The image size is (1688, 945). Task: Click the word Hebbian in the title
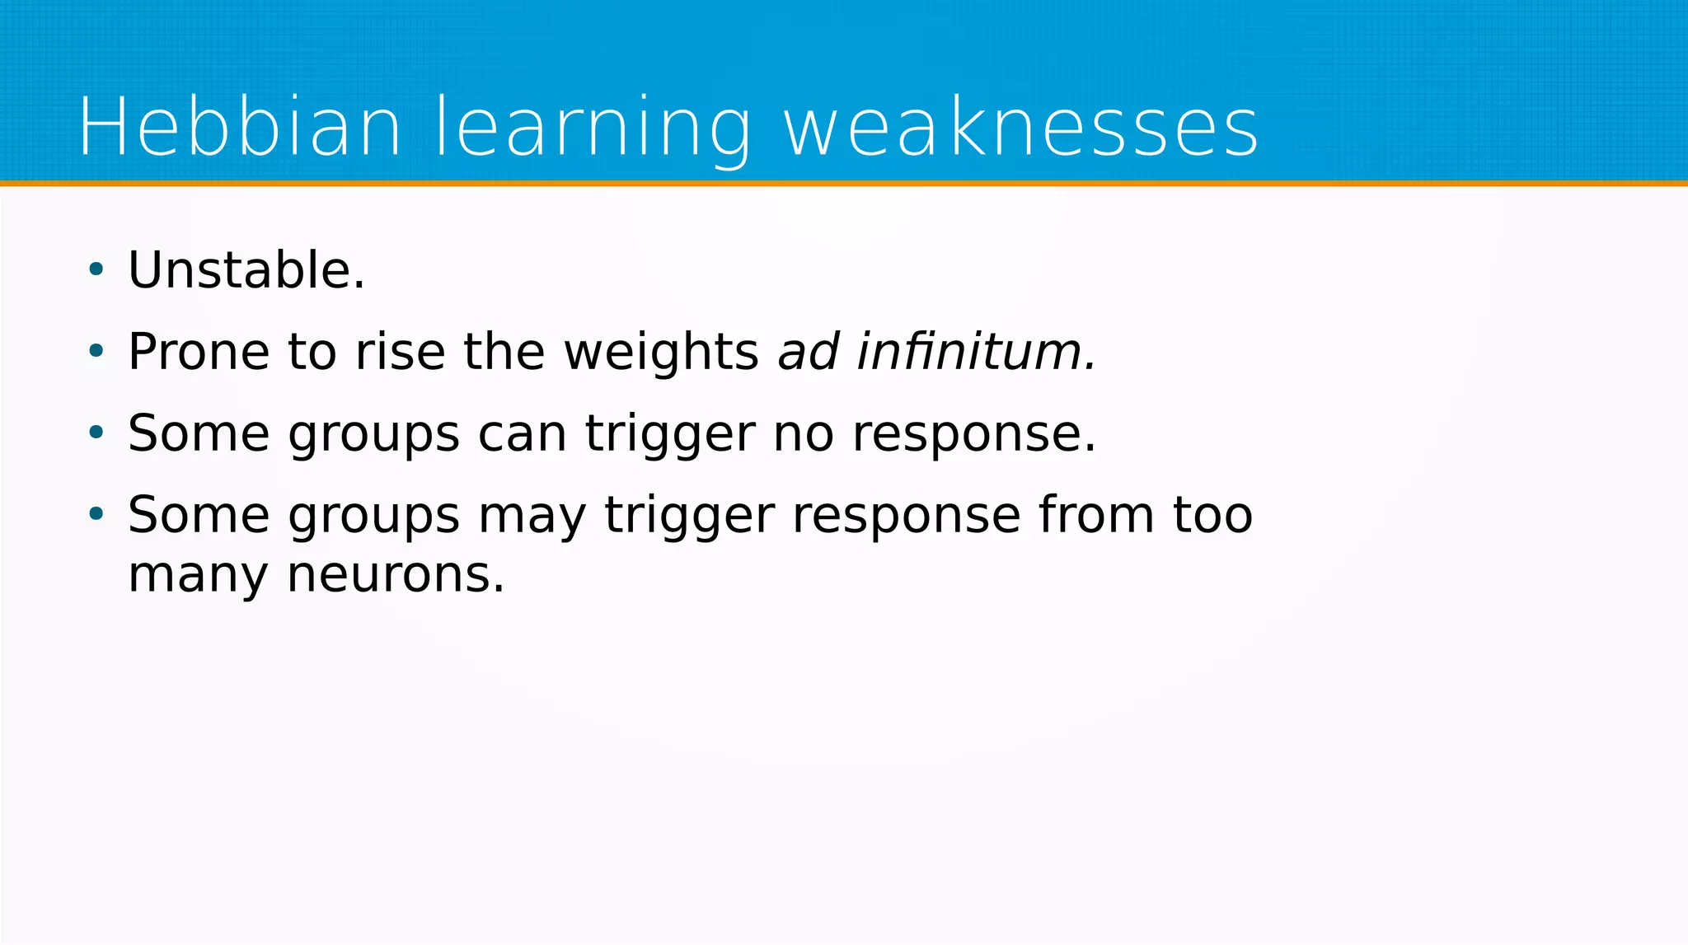pos(240,128)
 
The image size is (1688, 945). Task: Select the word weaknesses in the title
pos(1020,128)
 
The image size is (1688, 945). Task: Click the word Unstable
pos(246,270)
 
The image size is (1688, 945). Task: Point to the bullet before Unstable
pos(96,269)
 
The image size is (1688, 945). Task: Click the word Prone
pos(199,352)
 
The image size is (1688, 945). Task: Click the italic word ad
pos(809,352)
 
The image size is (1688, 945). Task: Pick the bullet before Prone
pos(96,351)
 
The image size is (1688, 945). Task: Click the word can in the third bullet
pos(523,433)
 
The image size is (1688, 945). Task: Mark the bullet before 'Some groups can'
pos(96,433)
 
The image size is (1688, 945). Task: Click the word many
pos(199,576)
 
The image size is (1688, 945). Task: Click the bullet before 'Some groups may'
pos(96,514)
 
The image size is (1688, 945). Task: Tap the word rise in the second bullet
pos(400,352)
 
